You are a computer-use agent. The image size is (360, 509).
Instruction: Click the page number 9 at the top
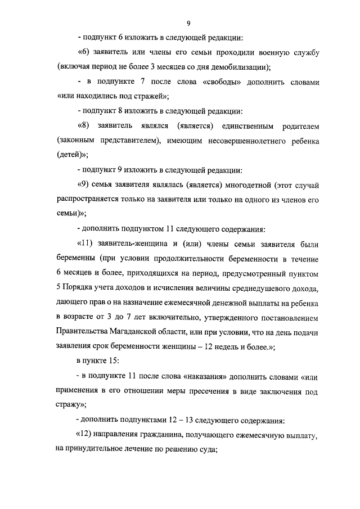tap(189, 22)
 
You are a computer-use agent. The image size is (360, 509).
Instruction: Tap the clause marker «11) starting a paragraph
tap(85, 244)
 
